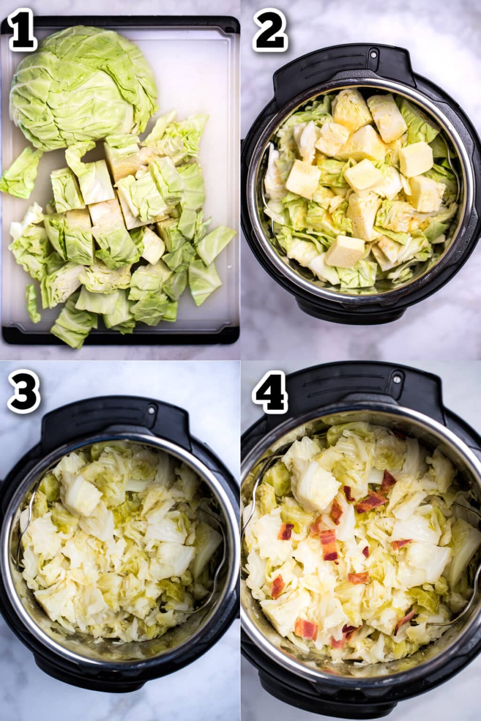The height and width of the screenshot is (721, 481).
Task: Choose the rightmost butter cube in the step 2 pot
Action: pos(416,159)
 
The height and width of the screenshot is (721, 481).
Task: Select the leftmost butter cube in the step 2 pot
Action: pos(303,179)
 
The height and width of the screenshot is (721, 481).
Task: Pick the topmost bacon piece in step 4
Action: pos(388,480)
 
